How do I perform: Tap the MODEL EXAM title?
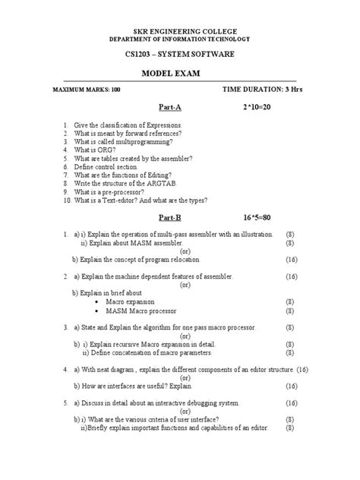pos(180,74)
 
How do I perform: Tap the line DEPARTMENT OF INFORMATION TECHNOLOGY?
pos(179,38)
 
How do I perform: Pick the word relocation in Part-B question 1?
pos(197,259)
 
